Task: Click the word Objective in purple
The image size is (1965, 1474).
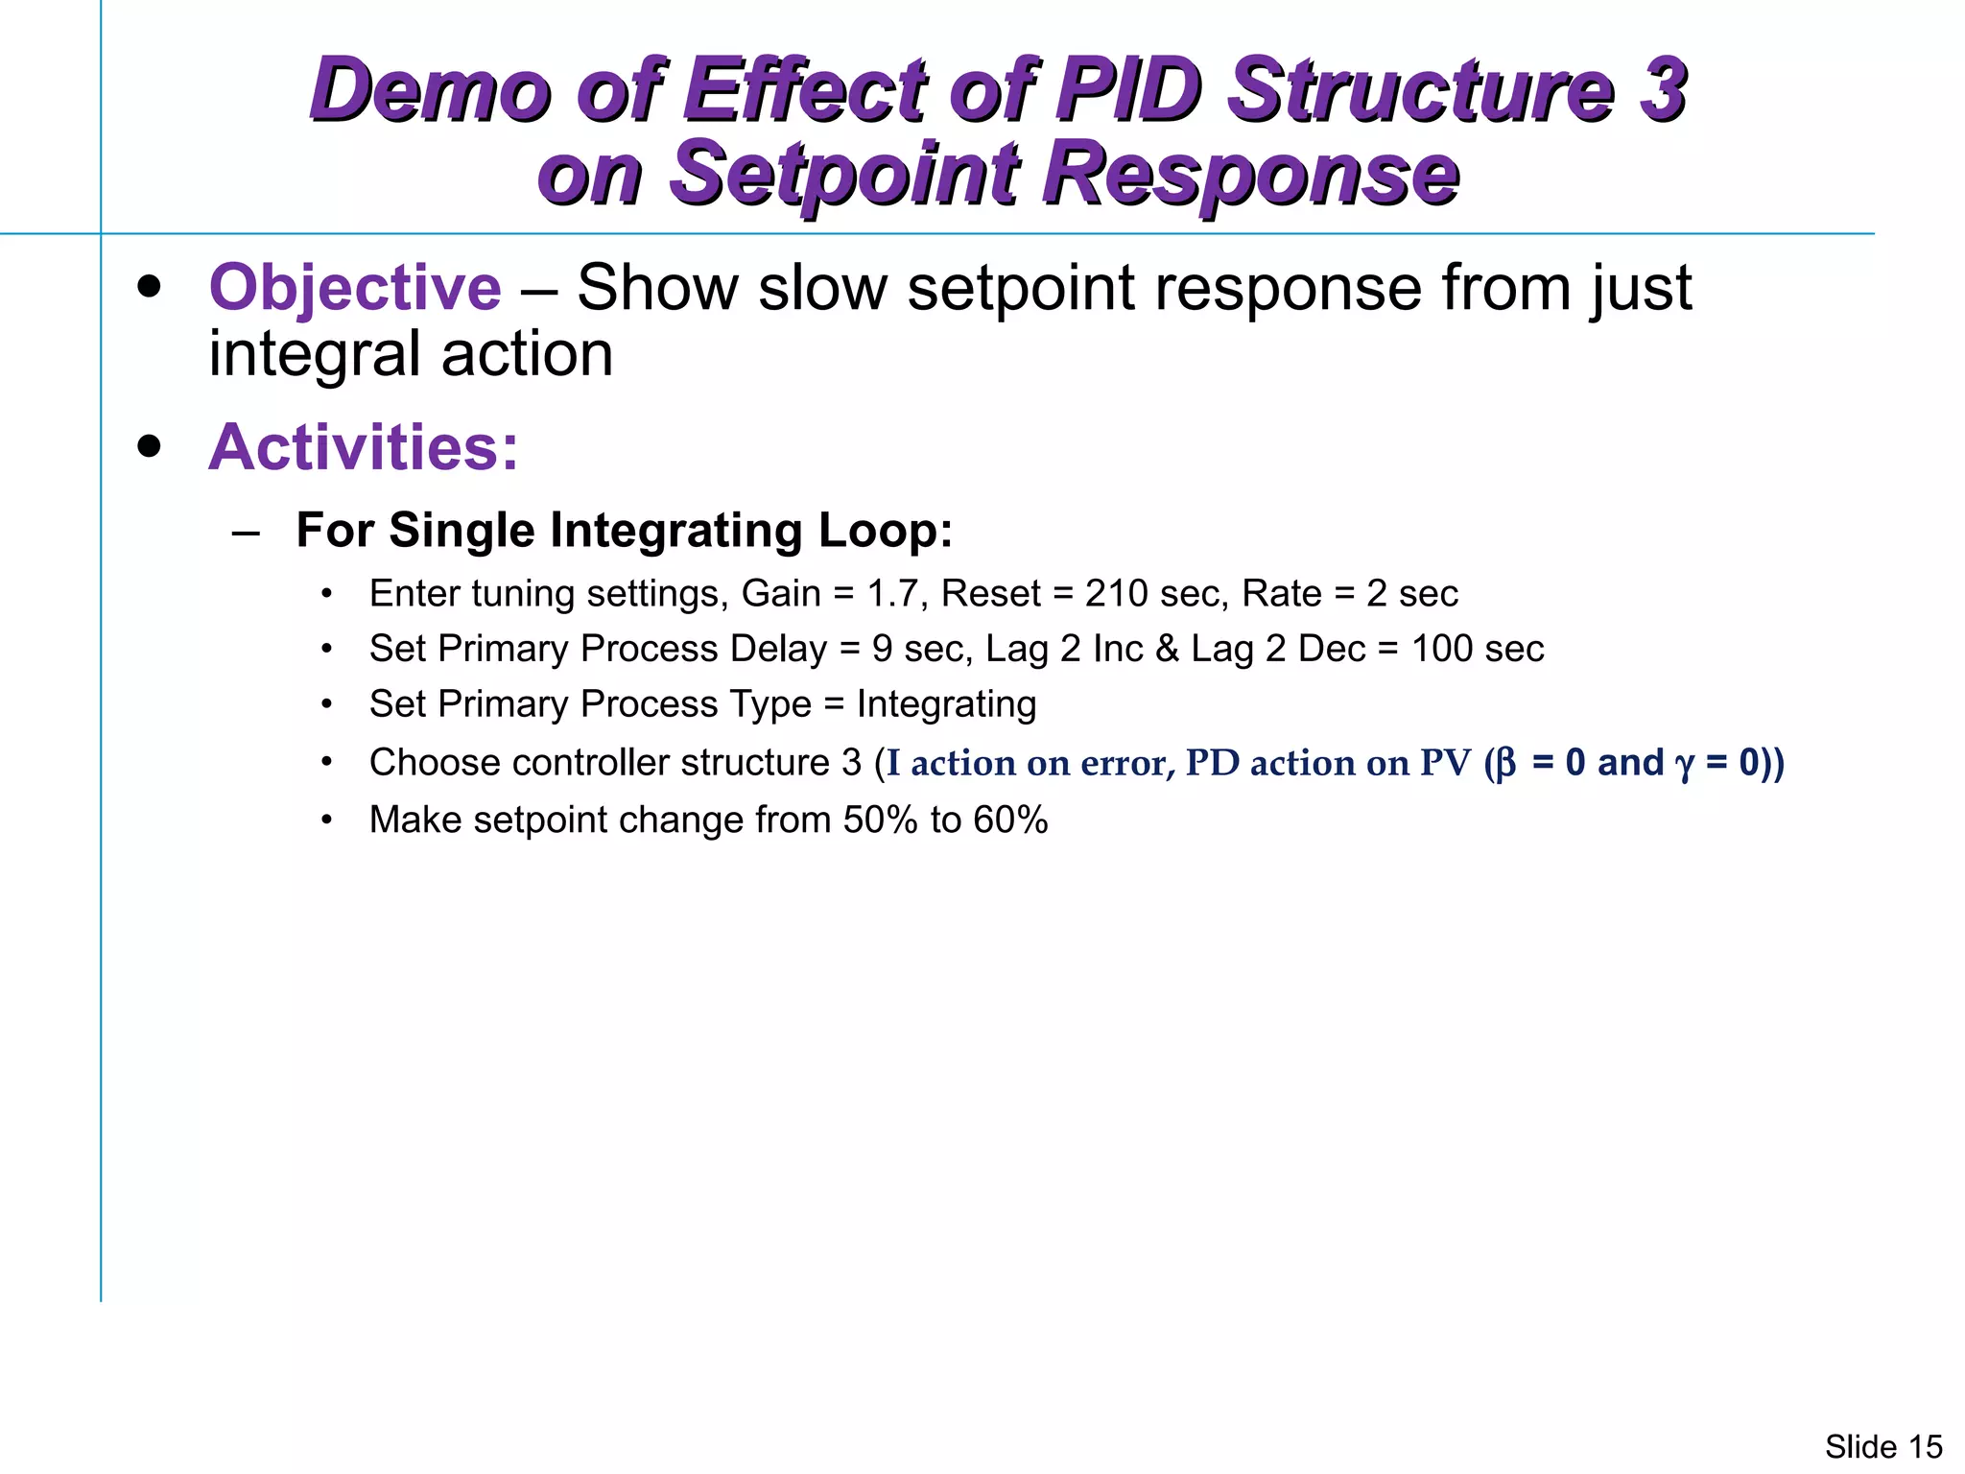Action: pos(354,287)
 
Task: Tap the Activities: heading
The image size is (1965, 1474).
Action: pos(363,447)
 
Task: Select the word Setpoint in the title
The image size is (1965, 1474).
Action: pos(843,174)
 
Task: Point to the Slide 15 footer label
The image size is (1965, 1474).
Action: pos(1882,1446)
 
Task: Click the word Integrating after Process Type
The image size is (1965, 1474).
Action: pos(946,704)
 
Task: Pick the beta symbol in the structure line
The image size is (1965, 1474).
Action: pos(1505,764)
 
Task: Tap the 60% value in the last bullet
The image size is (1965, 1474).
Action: pos(1009,820)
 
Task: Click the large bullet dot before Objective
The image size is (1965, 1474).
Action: pos(149,287)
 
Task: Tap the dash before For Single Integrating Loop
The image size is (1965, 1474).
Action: pos(246,532)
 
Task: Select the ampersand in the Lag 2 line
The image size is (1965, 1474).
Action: pos(1167,649)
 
